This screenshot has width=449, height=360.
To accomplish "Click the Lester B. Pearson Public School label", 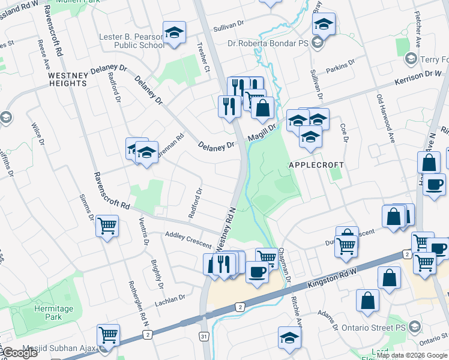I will point(131,41).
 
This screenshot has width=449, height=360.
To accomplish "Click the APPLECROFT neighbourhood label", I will point(316,164).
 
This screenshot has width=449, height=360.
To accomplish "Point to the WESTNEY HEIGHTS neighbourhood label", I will point(67,79).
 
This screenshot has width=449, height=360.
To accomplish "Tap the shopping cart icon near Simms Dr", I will point(107,226).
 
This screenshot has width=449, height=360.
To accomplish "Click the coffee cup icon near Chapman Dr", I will point(257,272).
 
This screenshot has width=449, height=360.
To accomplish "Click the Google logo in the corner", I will point(19,352).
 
